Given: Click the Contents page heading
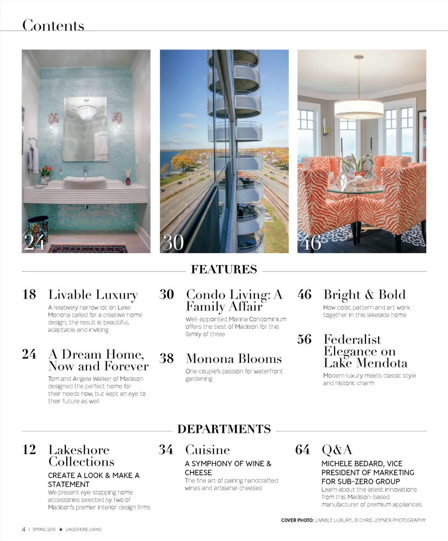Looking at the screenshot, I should coord(53,25).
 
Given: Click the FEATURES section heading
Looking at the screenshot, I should coord(224,269).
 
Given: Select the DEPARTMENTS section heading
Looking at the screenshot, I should coord(224,429).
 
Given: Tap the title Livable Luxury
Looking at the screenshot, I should coord(93,295).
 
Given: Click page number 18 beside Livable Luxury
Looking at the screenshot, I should coord(29,294).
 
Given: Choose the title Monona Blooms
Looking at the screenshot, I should coord(234,359).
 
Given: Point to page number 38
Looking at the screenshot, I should coord(167,359).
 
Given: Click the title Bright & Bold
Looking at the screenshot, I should coord(364,295).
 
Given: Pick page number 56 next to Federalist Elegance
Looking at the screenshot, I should coord(304,339).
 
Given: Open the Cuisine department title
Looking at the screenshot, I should coord(207,450).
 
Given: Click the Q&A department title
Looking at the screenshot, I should coord(336,450).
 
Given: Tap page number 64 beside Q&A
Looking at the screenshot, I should coord(302,450).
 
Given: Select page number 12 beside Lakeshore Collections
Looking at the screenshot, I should coord(29,450).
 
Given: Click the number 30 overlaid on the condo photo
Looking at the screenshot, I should coord(173,243).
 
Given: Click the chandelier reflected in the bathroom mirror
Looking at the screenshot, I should coord(86,113).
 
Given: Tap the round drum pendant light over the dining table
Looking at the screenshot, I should coord(359,109).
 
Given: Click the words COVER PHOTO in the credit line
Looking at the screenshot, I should coord(297,520).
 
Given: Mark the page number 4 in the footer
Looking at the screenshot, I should coord(24,529).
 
